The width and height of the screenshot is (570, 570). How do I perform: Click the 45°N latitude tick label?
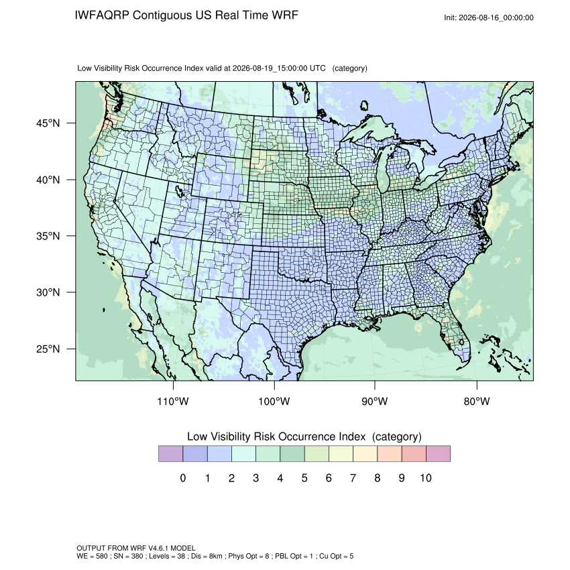(x=48, y=123)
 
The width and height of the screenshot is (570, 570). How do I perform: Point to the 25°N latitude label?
(x=48, y=349)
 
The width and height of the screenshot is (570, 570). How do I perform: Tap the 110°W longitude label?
(x=173, y=401)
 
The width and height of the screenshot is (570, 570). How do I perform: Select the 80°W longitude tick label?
(x=477, y=401)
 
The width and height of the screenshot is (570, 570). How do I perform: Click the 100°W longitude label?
(x=274, y=401)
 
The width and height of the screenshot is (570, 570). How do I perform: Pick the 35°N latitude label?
(x=48, y=236)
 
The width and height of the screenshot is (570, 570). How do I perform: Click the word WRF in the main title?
(x=286, y=15)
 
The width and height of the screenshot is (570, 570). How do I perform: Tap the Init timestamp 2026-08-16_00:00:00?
(x=496, y=17)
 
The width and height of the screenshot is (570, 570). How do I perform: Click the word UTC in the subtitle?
(x=318, y=68)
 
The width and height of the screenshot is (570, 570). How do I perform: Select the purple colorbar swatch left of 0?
(x=171, y=454)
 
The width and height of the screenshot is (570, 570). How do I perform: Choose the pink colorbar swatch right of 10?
(x=438, y=454)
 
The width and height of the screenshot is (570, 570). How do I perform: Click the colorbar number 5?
(x=304, y=477)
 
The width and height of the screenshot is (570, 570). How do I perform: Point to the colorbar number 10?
(x=426, y=477)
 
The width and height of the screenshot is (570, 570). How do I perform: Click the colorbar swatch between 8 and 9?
(x=390, y=454)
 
